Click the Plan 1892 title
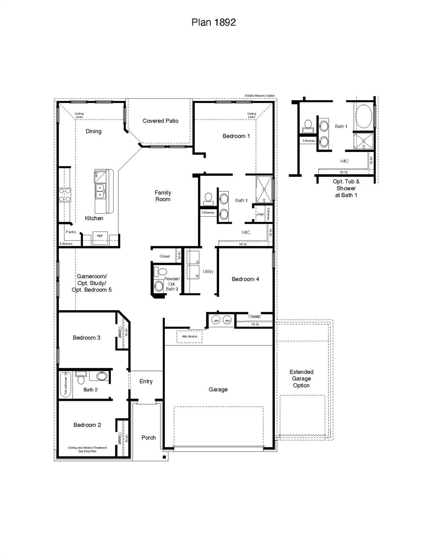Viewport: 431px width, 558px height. [x=214, y=23]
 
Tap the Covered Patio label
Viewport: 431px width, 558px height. [x=160, y=121]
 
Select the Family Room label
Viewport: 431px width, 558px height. [x=163, y=196]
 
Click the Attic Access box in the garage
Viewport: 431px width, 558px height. [x=190, y=336]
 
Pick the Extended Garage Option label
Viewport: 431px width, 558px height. [x=301, y=379]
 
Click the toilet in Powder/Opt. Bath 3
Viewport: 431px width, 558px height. [x=160, y=271]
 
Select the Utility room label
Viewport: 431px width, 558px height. [x=208, y=271]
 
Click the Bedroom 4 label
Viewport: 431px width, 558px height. [x=245, y=279]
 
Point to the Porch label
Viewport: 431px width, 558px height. [x=149, y=437]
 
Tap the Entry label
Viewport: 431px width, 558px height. [x=146, y=381]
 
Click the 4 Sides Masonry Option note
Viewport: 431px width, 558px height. [x=260, y=96]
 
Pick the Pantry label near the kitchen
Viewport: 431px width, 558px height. [x=71, y=232]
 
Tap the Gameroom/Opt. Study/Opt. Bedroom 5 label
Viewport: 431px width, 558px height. [x=92, y=283]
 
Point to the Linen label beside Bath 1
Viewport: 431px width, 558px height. [x=260, y=214]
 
